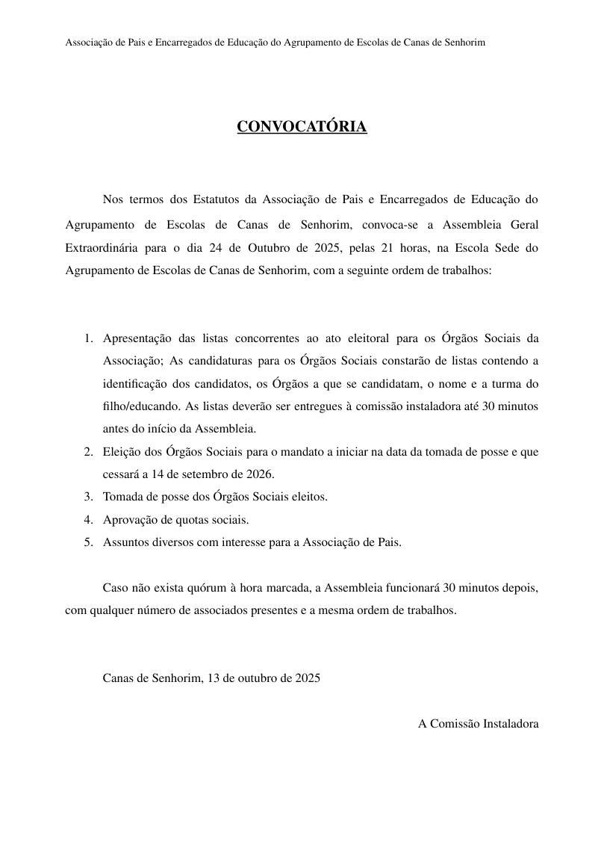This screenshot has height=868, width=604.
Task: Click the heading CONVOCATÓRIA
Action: pos(302,127)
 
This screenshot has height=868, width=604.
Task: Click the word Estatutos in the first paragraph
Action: pos(216,199)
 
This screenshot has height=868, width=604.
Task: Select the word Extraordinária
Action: pos(101,247)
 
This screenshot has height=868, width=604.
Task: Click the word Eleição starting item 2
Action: pos(121,452)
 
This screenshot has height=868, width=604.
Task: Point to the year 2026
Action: pos(261,474)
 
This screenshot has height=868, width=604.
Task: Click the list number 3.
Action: pos(87,497)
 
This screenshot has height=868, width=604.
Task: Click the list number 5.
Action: pos(87,543)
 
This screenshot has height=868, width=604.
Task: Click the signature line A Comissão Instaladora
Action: pos(478,723)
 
